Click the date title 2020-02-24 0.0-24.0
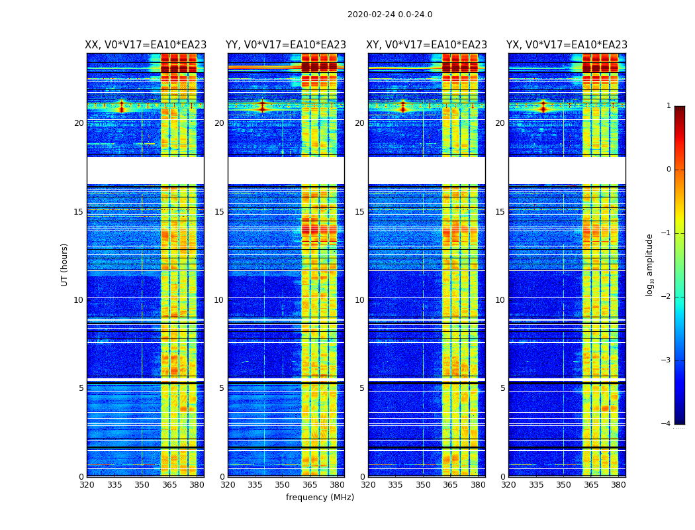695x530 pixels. click(390, 15)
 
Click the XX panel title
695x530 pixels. click(146, 45)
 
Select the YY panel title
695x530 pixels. click(286, 45)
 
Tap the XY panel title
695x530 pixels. click(427, 45)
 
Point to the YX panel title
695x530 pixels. click(567, 45)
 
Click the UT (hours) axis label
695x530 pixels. click(65, 264)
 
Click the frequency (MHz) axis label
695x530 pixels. click(320, 498)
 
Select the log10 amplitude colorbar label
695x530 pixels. click(650, 264)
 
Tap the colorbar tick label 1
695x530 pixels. click(669, 106)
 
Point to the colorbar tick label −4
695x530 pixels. click(667, 424)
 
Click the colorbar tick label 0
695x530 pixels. click(669, 170)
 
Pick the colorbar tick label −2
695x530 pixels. click(667, 297)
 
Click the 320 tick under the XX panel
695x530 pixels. click(87, 485)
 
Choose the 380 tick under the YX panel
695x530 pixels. click(618, 485)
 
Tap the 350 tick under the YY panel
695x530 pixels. click(283, 485)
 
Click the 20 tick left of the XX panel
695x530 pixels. click(79, 123)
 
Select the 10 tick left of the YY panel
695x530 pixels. click(220, 300)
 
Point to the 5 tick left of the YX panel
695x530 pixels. click(503, 388)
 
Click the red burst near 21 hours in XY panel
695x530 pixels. click(402, 105)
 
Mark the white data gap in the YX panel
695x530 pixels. click(567, 170)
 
